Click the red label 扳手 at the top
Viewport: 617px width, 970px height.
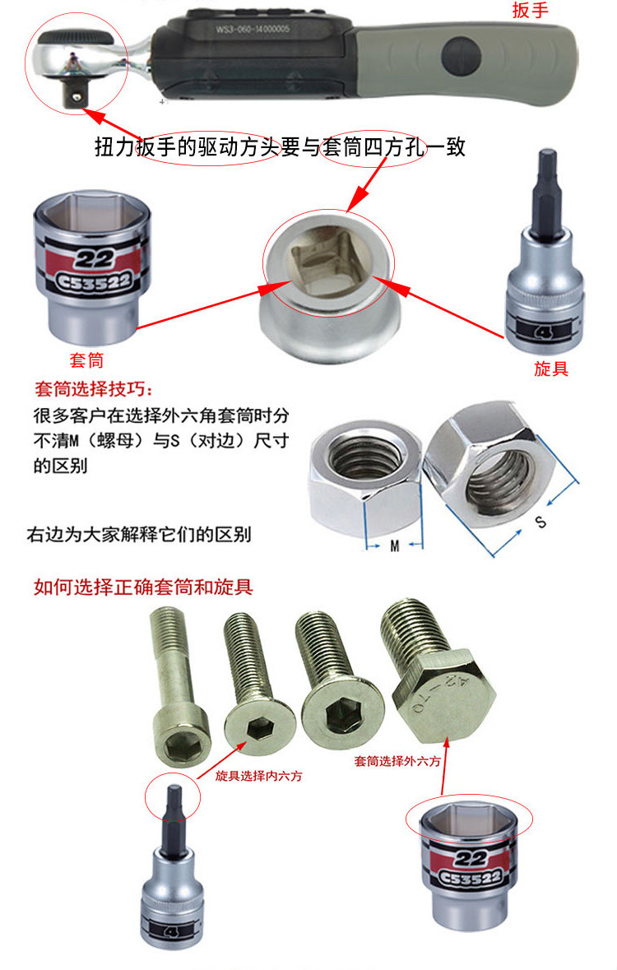pos(531,9)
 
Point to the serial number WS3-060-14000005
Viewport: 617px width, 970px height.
pos(253,29)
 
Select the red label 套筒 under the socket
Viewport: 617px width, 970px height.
pos(86,360)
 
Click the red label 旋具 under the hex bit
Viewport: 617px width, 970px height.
pos(551,368)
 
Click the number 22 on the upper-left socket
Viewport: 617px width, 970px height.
pos(94,258)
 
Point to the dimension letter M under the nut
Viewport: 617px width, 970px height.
pos(395,545)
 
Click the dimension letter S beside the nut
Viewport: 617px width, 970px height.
pos(540,522)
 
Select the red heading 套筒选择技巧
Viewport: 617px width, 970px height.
pos(93,388)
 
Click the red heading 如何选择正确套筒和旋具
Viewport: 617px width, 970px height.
pos(143,587)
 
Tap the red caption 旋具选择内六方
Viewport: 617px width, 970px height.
pos(258,776)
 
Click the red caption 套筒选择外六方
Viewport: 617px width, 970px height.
pos(397,761)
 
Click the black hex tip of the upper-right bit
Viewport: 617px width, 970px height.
pos(549,188)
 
